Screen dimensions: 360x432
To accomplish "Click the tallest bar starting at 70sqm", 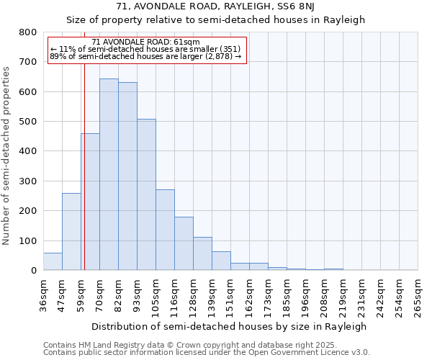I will pos(109,174).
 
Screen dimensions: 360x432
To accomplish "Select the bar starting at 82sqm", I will pos(127,176).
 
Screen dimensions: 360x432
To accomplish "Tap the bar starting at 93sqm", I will pos(146,194).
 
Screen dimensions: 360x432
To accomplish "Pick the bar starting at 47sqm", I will pos(71,232).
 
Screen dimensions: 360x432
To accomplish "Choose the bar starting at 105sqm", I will pos(165,230).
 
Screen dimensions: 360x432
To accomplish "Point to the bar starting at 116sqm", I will pos(184,243).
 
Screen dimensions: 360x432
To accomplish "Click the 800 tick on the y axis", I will pos(28,32).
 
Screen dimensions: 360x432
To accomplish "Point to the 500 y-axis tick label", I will pos(28,122).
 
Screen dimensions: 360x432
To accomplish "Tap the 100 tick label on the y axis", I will pos(28,240).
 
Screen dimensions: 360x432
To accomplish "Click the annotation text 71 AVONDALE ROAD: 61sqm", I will pos(146,42).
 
